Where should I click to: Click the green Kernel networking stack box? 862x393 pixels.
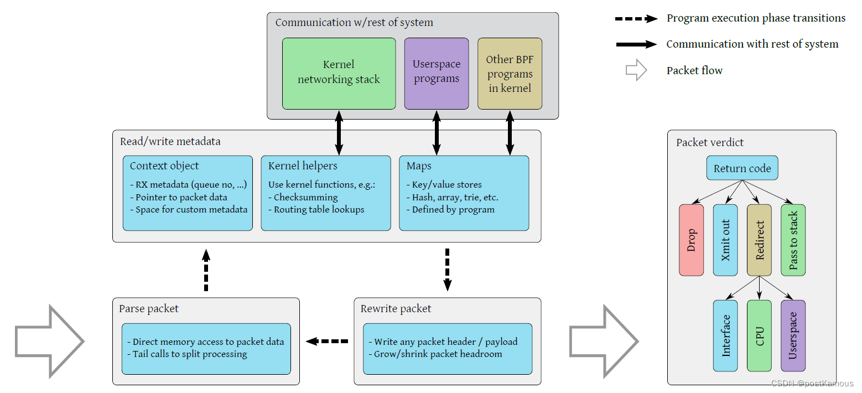(x=339, y=73)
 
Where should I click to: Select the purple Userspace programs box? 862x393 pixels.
(x=436, y=73)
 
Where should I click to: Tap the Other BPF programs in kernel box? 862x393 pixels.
(x=510, y=73)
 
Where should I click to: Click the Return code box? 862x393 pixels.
(x=742, y=168)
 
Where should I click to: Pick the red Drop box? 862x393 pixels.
(x=691, y=240)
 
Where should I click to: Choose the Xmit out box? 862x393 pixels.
(x=725, y=240)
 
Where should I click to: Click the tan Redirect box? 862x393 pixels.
(x=759, y=240)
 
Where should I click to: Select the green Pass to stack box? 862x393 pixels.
(x=793, y=240)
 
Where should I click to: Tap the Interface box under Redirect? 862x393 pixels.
(x=725, y=335)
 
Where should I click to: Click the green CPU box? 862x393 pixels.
(x=759, y=335)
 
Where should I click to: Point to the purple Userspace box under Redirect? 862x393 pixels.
(x=793, y=335)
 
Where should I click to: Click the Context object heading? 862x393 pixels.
(x=164, y=166)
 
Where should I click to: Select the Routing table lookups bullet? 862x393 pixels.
(x=319, y=210)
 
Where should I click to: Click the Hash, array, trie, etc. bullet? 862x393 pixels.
(x=455, y=197)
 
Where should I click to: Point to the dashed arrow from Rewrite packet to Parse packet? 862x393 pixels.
(x=328, y=342)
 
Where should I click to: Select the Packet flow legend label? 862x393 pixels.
(x=694, y=70)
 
